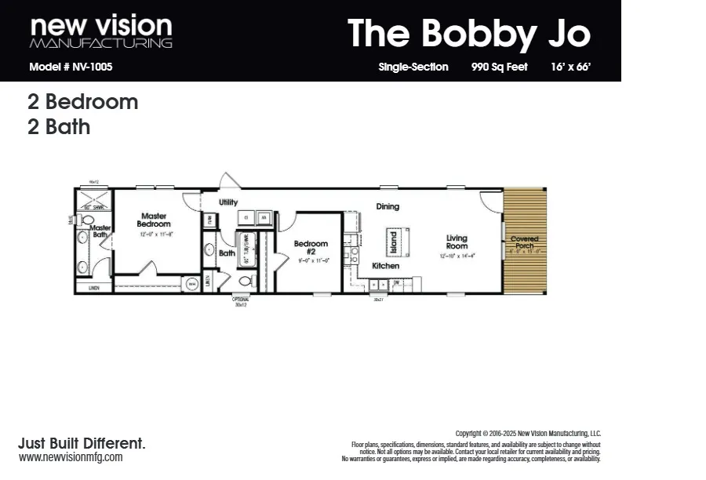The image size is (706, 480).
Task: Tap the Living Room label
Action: [x=457, y=242]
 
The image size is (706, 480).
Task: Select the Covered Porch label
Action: [x=525, y=242]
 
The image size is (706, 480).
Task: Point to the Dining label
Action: [x=388, y=207]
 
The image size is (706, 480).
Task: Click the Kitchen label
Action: [x=386, y=266]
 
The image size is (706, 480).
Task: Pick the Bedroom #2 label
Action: [x=311, y=247]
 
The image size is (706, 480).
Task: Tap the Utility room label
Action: [x=228, y=202]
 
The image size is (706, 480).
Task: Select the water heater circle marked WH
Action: [x=191, y=285]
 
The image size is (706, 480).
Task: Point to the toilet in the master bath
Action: [x=87, y=220]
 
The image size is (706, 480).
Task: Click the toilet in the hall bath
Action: [x=245, y=281]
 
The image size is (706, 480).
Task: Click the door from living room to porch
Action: [x=492, y=202]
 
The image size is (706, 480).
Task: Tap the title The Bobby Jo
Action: [x=468, y=34]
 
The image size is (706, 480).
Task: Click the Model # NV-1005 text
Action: [x=71, y=67]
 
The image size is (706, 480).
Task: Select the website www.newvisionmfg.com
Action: [x=71, y=457]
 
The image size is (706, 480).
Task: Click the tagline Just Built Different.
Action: [x=82, y=443]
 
